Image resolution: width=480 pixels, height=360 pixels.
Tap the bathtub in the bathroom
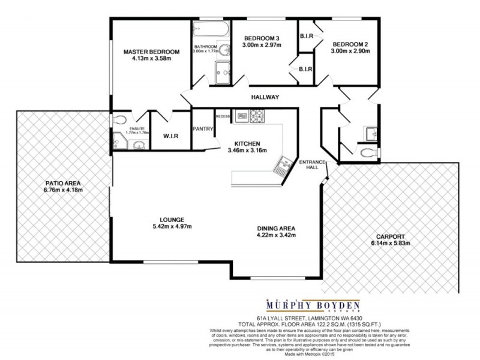[x=211, y=30]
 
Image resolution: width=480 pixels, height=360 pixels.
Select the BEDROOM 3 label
[x=264, y=37]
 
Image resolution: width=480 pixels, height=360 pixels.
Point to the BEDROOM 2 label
[x=351, y=44]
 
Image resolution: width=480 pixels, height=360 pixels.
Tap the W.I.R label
[x=171, y=136]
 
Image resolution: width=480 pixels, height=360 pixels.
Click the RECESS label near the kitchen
[x=223, y=116]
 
